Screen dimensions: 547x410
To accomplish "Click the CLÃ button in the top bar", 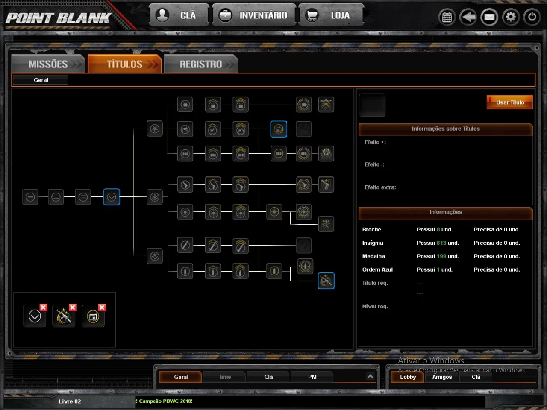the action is click(179, 15).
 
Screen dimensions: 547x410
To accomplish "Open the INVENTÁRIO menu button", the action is click(254, 15).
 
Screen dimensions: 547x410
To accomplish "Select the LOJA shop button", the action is click(331, 15).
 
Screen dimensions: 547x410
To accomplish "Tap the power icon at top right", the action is click(532, 17).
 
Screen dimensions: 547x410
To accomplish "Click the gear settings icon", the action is click(511, 17).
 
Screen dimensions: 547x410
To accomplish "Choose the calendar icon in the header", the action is click(447, 17).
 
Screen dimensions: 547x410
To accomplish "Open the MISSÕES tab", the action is click(49, 64).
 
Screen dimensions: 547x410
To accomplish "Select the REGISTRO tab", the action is click(201, 64).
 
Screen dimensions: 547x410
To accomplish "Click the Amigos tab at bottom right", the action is click(442, 377).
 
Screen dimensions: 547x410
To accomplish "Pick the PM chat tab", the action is click(312, 377).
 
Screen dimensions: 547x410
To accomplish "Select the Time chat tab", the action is click(224, 377).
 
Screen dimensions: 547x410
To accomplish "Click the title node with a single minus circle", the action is click(30, 197).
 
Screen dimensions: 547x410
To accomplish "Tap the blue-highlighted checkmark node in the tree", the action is click(112, 197).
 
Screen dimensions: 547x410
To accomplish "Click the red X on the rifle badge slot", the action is click(73, 307).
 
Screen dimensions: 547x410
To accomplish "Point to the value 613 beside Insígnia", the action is click(441, 243).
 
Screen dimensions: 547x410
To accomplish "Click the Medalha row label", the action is click(373, 256).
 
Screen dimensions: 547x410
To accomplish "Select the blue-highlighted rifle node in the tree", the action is click(326, 281).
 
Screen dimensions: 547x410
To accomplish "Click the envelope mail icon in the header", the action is click(489, 17).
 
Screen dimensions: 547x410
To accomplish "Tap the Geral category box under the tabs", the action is click(41, 80).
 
